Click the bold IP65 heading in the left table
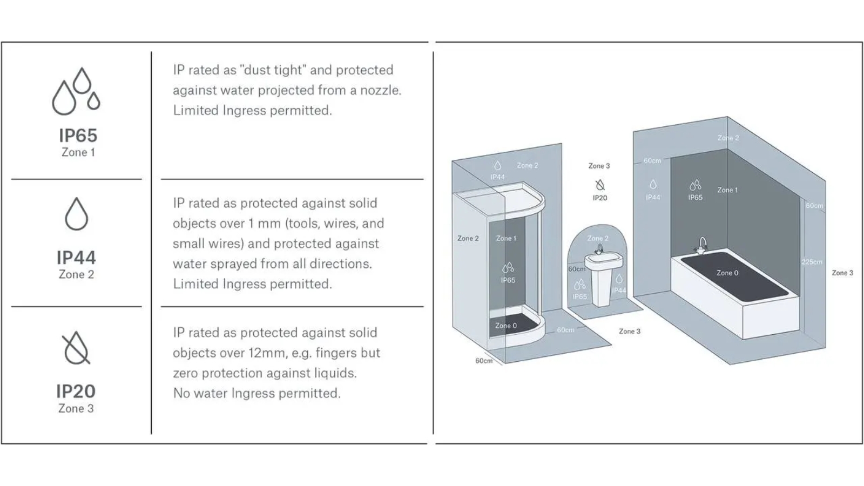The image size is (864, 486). click(x=78, y=136)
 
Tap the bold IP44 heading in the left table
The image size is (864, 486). click(x=76, y=258)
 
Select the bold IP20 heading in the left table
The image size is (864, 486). click(x=76, y=391)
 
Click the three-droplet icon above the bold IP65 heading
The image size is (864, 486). click(x=76, y=91)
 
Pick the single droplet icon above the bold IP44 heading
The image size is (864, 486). click(x=76, y=214)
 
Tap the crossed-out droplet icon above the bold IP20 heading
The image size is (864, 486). click(x=76, y=348)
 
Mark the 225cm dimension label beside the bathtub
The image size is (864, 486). click(x=812, y=262)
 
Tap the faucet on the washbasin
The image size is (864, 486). click(x=599, y=250)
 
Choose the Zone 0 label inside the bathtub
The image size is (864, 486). click(x=727, y=273)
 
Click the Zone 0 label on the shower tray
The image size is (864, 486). click(x=506, y=326)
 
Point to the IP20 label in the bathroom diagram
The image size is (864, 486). click(x=600, y=198)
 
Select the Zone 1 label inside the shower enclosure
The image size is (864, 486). click(x=506, y=238)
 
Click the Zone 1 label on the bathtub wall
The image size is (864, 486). click(x=727, y=190)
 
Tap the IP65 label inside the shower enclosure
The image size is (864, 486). click(x=508, y=280)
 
